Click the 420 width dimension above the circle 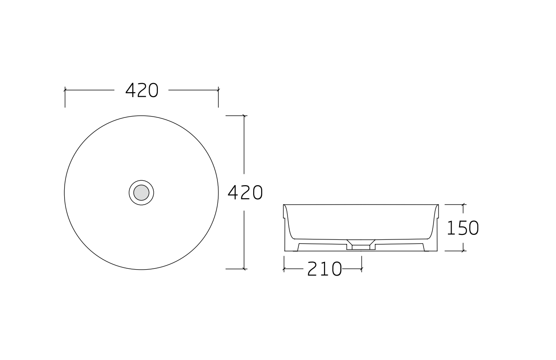click(x=142, y=90)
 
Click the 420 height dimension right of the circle click(x=245, y=192)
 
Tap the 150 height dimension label click(x=463, y=228)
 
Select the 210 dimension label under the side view click(x=325, y=269)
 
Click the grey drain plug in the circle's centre click(x=141, y=192)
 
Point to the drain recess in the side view click(x=361, y=245)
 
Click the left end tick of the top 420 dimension click(x=65, y=90)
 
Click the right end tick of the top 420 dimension click(x=218, y=90)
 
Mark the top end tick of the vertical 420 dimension click(x=244, y=116)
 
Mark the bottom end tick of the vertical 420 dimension click(x=244, y=269)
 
